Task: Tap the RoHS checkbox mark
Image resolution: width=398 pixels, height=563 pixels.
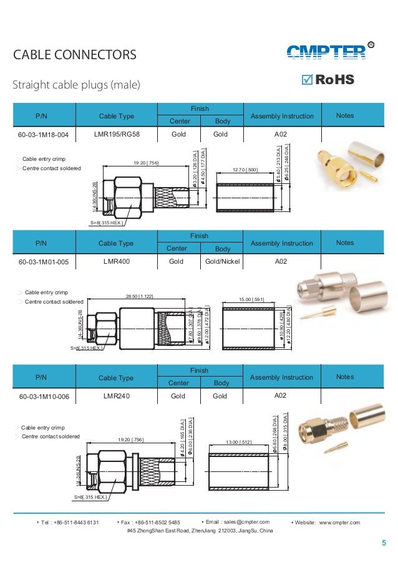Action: coord(307,80)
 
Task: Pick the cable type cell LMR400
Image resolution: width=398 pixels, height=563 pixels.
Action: coord(116,261)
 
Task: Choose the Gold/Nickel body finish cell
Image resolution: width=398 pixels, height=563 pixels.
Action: coord(223,261)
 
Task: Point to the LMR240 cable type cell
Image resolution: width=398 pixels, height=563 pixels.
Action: coord(116,395)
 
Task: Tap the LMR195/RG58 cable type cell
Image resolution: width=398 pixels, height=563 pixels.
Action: coord(116,133)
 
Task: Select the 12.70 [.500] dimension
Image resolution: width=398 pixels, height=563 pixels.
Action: coord(245,170)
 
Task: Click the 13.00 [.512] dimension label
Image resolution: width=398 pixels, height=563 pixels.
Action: coord(239,443)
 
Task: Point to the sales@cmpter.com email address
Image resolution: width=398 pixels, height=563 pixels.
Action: coord(238,522)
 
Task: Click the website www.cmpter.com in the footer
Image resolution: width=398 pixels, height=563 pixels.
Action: coord(339,522)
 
